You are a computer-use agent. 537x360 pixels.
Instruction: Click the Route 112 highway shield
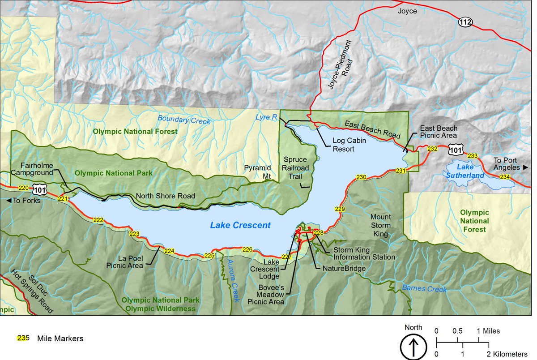[464, 21]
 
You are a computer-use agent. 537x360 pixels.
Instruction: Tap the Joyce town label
[407, 11]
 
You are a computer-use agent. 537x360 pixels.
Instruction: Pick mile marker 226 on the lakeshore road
[247, 249]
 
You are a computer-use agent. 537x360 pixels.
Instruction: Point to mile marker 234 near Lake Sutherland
[505, 177]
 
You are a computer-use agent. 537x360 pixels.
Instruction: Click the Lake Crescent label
[240, 225]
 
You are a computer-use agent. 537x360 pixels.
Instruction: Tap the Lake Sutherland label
[465, 171]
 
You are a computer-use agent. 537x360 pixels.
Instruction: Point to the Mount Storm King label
[380, 225]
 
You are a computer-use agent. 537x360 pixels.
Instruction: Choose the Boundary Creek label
[183, 120]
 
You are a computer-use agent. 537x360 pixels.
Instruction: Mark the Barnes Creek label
[424, 288]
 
